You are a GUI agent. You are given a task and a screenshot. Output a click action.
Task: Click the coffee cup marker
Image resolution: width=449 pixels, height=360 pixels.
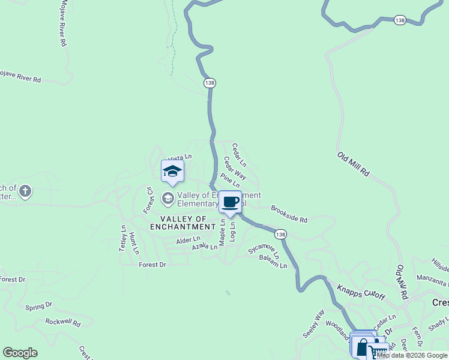click(230, 202)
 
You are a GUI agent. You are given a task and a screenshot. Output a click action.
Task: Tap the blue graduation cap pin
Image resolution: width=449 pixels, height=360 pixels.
click(172, 171)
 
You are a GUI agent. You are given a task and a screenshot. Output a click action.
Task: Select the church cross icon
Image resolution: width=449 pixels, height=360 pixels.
click(25, 192)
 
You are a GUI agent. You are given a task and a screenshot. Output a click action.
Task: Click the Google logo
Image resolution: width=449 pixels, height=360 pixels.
click(20, 353)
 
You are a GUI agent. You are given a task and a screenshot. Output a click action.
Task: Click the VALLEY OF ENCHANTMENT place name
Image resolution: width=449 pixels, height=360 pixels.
click(187, 223)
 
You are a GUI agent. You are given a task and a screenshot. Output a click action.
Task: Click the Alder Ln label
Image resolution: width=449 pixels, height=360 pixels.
click(187, 240)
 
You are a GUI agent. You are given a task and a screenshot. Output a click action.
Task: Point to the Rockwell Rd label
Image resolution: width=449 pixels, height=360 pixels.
click(63, 322)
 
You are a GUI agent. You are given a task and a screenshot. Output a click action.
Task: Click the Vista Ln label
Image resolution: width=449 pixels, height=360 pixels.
click(179, 157)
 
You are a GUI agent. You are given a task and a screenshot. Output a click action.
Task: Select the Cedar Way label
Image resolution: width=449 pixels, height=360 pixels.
click(235, 167)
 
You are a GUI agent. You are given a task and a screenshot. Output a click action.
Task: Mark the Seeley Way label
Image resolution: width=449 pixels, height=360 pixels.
click(313, 324)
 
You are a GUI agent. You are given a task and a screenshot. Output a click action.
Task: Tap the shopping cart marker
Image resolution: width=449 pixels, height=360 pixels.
click(378, 352)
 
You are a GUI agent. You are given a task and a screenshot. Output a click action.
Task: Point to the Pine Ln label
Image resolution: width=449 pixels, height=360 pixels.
click(230, 180)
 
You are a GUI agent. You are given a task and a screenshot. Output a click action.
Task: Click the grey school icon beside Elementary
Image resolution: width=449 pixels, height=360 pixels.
click(168, 197)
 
